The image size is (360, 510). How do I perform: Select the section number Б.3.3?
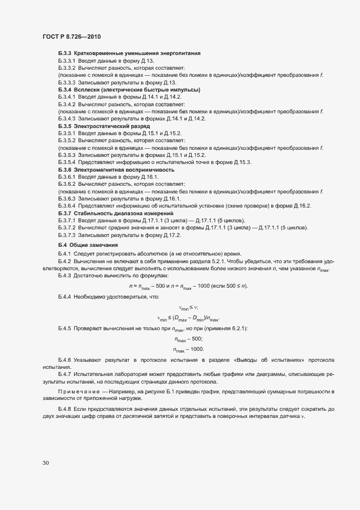pyautogui.click(x=65, y=53)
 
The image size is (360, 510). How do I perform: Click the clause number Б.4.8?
pyautogui.click(x=64, y=409)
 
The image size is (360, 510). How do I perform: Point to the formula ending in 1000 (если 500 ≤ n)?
pyautogui.click(x=188, y=287)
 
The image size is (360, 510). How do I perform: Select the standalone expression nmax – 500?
pyautogui.click(x=188, y=339)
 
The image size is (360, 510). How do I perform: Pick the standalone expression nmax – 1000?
pyautogui.click(x=188, y=349)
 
